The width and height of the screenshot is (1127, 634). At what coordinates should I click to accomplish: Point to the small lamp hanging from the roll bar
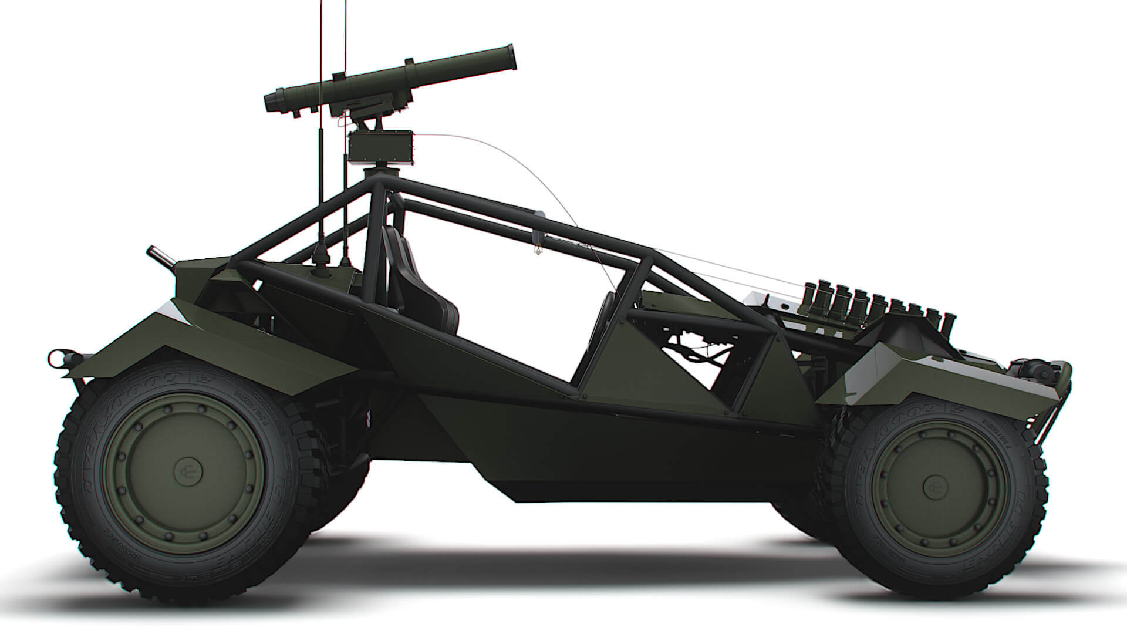click(536, 249)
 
